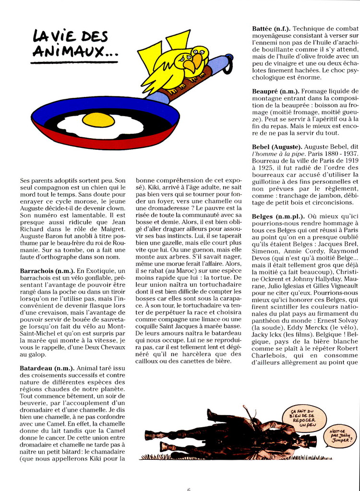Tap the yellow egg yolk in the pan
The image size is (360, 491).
tap(98, 120)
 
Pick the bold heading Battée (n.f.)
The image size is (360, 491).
tap(271, 29)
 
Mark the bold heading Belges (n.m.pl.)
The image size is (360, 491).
tap(279, 216)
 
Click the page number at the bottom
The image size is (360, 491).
tap(189, 489)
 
